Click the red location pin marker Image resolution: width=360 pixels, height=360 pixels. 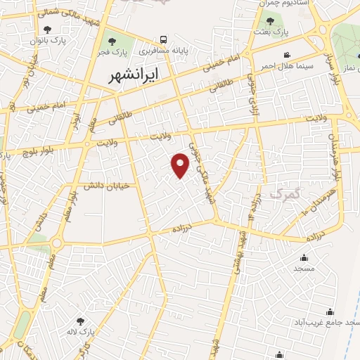pyautogui.click(x=181, y=166)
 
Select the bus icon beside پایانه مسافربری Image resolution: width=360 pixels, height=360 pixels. pyautogui.click(x=163, y=39)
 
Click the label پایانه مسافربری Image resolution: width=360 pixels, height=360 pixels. pyautogui.click(x=163, y=51)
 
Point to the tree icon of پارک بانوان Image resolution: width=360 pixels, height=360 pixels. pyautogui.click(x=47, y=30)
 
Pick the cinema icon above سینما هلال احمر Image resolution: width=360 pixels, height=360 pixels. pyautogui.click(x=286, y=55)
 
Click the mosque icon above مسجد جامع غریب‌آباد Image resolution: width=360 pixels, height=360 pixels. pyautogui.click(x=330, y=312)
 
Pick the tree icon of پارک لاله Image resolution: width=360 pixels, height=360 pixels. pyautogui.click(x=88, y=321)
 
